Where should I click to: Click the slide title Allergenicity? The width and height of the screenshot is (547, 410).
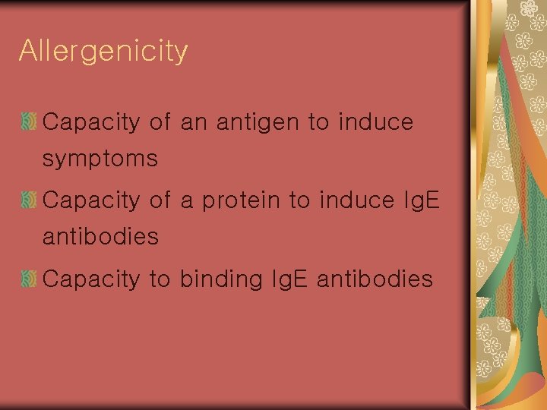coord(103,52)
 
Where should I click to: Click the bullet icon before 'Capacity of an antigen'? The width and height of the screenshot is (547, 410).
coord(30,121)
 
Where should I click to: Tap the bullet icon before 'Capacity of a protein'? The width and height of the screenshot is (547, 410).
coord(30,200)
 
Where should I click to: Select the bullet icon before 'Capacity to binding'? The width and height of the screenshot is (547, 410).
coord(30,279)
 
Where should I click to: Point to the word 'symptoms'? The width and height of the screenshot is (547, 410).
coord(100,159)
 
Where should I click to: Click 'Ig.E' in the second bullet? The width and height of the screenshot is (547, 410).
coord(419,201)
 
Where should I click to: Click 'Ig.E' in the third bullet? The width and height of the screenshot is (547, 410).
coord(286,280)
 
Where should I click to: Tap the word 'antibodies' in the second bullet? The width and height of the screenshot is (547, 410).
coord(100,238)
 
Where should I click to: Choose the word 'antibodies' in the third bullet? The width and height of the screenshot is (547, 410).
coord(375,280)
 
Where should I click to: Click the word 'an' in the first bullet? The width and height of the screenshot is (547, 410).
coord(194,122)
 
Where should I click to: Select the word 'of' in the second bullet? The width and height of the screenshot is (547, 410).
coord(160,201)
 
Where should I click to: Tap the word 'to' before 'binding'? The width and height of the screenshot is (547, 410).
coord(160,280)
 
